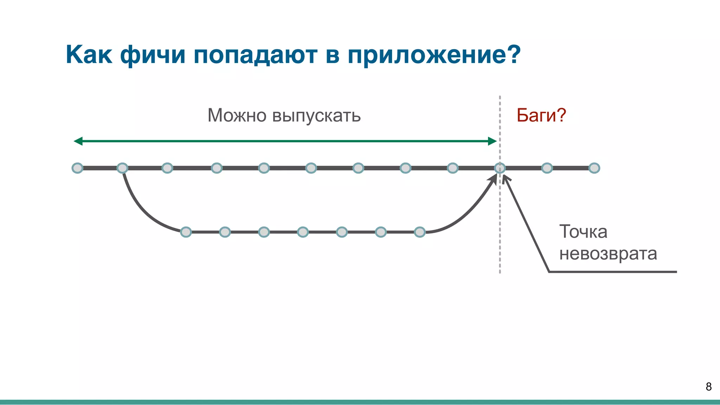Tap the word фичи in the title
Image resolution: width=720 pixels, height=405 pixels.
153,55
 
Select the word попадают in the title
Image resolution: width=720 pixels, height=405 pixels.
255,55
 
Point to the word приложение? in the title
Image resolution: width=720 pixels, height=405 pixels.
434,55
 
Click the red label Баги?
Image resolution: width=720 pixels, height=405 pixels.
541,115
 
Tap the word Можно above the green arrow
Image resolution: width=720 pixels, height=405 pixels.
237,115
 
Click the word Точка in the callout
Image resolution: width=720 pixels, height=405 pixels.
583,232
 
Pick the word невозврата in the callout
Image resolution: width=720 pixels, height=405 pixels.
608,253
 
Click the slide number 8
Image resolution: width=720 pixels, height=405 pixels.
708,387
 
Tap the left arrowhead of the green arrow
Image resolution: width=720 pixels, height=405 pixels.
78,141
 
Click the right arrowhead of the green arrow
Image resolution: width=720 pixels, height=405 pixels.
493,141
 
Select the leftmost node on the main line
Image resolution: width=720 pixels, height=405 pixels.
77,168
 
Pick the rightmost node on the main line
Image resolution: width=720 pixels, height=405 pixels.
594,168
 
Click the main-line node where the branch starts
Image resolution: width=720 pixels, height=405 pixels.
122,168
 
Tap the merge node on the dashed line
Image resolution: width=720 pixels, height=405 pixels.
500,168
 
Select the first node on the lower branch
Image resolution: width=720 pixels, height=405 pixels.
186,232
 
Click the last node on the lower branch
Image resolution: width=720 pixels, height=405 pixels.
420,232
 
